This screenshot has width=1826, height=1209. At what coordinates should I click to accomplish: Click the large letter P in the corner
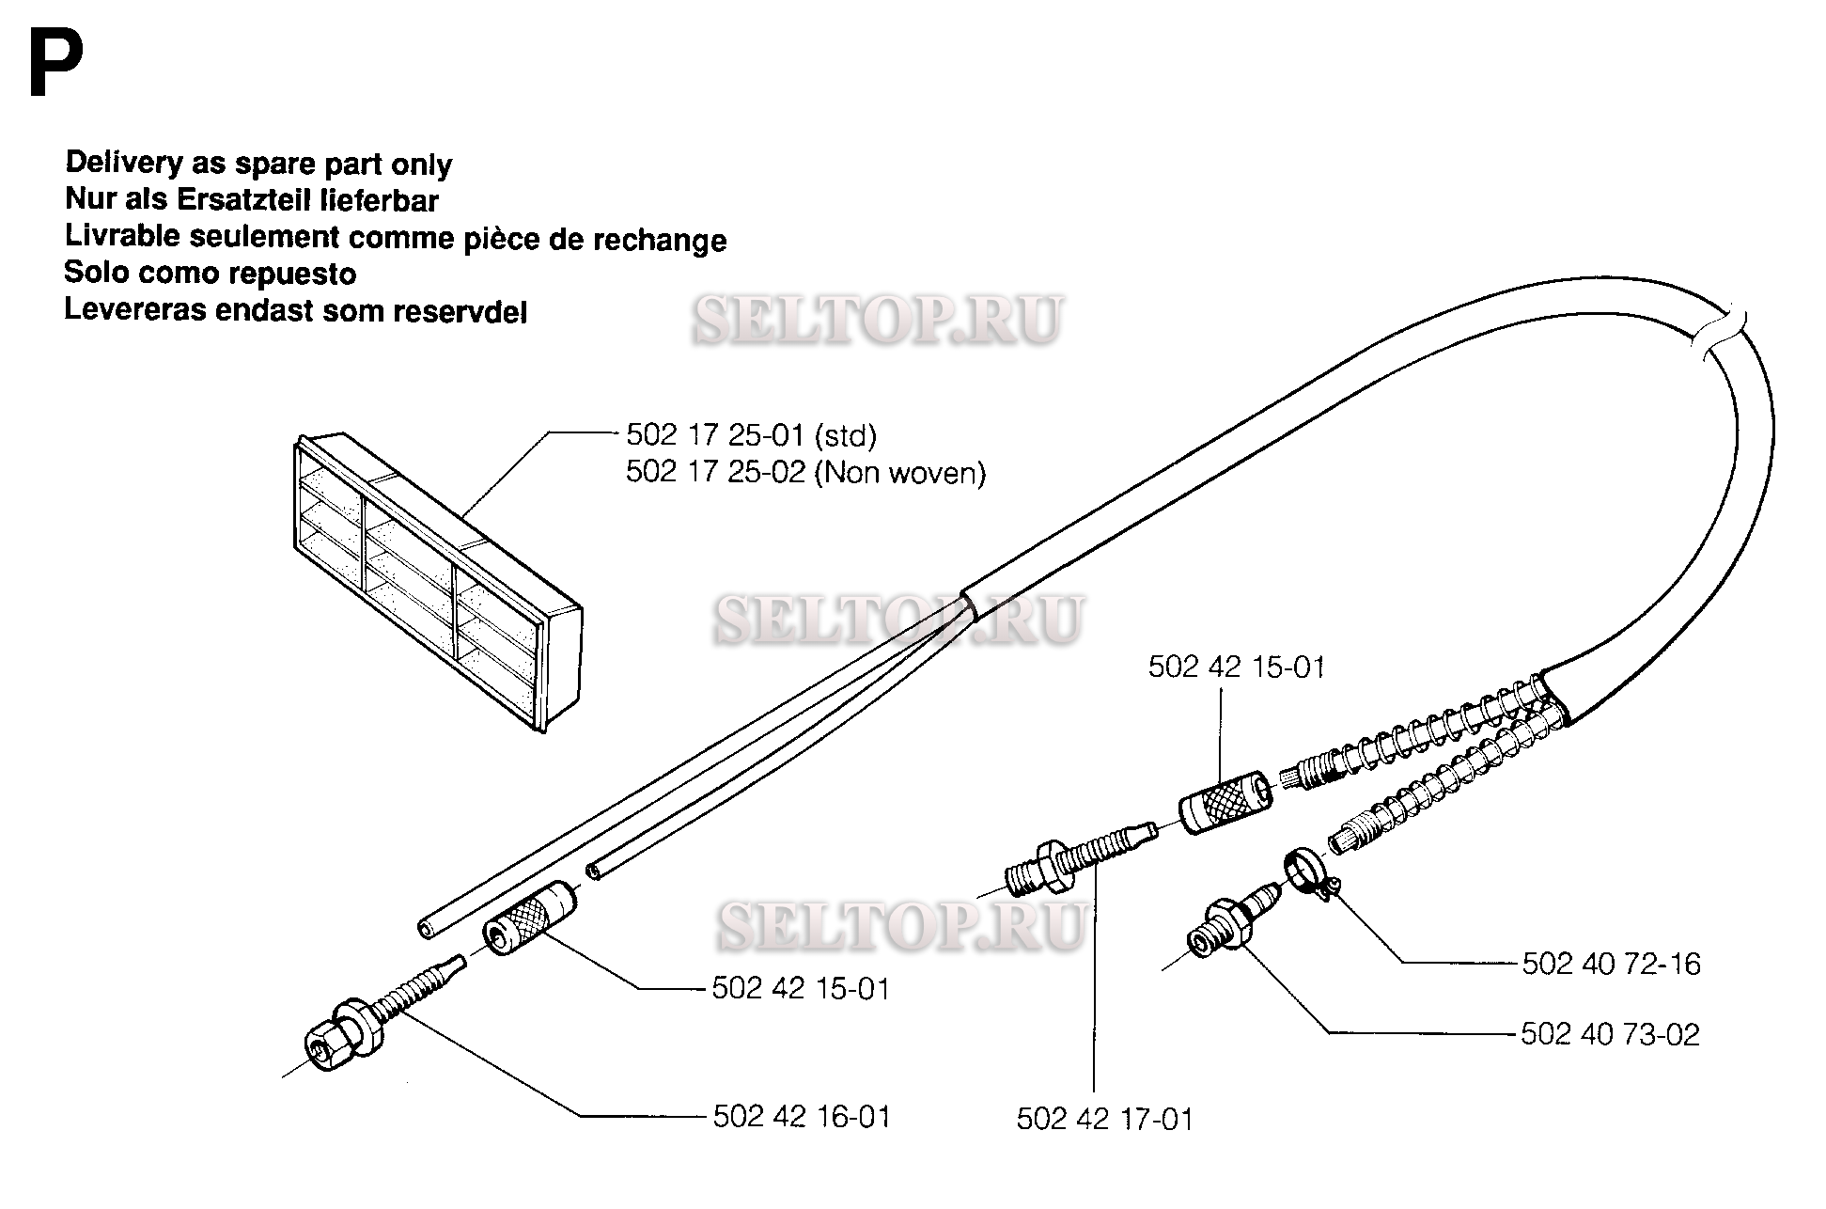(x=55, y=64)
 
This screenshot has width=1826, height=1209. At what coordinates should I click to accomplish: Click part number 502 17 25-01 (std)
(x=751, y=435)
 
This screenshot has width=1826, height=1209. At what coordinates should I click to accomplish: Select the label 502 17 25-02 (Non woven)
(x=805, y=472)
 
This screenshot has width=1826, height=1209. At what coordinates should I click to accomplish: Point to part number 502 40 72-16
(x=1611, y=964)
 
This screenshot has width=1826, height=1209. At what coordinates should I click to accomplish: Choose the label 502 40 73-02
(x=1610, y=1034)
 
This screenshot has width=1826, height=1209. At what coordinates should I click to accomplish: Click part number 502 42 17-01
(x=1104, y=1119)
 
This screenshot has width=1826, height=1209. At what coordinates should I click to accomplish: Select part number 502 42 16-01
(x=801, y=1116)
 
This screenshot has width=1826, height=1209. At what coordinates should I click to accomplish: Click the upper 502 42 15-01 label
(x=1236, y=667)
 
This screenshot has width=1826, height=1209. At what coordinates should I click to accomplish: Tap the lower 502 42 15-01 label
(x=801, y=988)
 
